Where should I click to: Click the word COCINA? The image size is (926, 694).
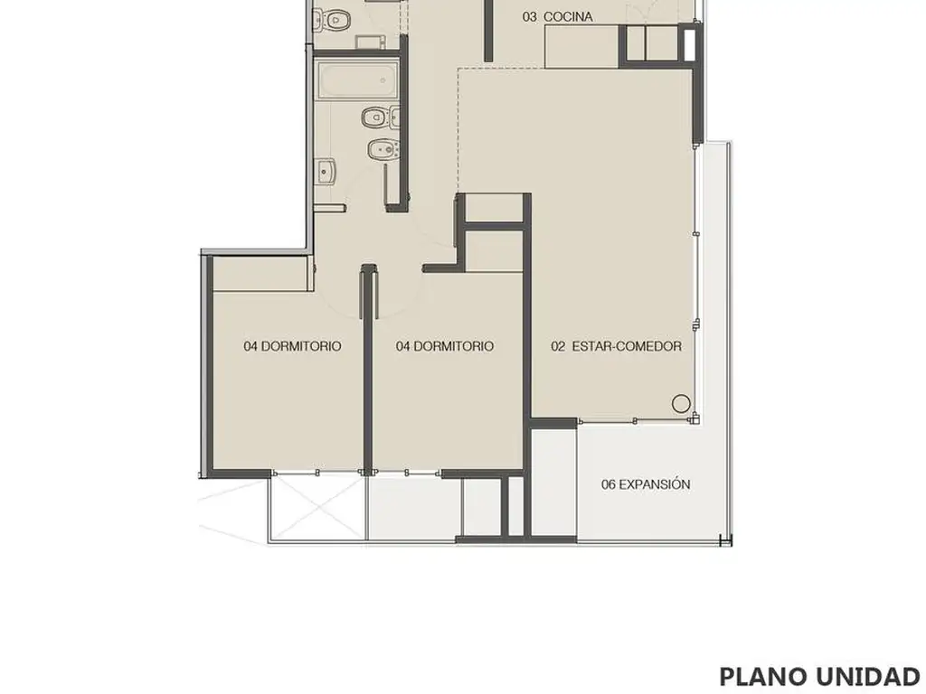click(568, 17)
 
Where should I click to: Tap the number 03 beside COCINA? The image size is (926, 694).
click(530, 17)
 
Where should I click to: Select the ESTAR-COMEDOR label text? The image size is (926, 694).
click(627, 346)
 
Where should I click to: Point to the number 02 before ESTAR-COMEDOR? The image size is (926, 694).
click(558, 346)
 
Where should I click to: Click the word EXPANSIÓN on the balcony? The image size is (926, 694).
click(655, 484)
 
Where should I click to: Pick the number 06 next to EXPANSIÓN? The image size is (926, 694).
click(609, 485)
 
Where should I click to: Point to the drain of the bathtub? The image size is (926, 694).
click(383, 80)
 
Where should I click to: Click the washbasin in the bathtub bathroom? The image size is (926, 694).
click(325, 173)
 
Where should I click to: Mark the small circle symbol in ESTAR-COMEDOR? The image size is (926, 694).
click(681, 404)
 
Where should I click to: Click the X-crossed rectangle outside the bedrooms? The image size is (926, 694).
click(318, 508)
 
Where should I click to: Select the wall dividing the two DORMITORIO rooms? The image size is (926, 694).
click(368, 370)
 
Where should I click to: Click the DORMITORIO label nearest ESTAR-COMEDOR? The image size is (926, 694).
click(444, 346)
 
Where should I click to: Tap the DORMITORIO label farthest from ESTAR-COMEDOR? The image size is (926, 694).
click(292, 346)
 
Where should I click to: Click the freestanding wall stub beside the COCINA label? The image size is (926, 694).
click(488, 31)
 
